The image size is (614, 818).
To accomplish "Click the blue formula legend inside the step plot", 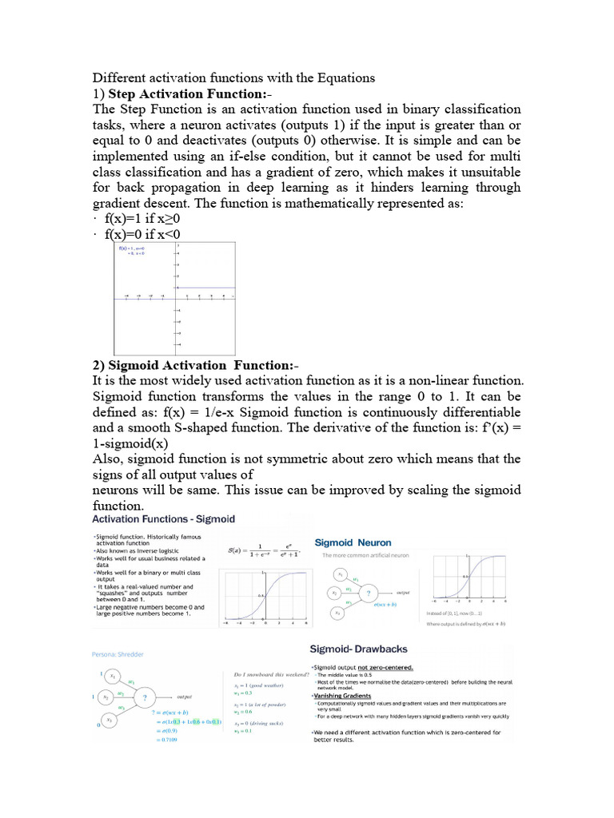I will [x=132, y=252].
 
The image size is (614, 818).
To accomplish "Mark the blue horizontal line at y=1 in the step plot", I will [x=205, y=288].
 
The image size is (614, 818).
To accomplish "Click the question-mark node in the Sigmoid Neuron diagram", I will [x=369, y=592].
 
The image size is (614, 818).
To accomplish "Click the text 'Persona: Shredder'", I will [x=120, y=653].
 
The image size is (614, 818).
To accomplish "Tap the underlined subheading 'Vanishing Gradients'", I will [x=345, y=695].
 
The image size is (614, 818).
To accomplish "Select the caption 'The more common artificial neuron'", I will [x=365, y=554].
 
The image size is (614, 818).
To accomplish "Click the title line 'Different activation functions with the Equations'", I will [x=233, y=77].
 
